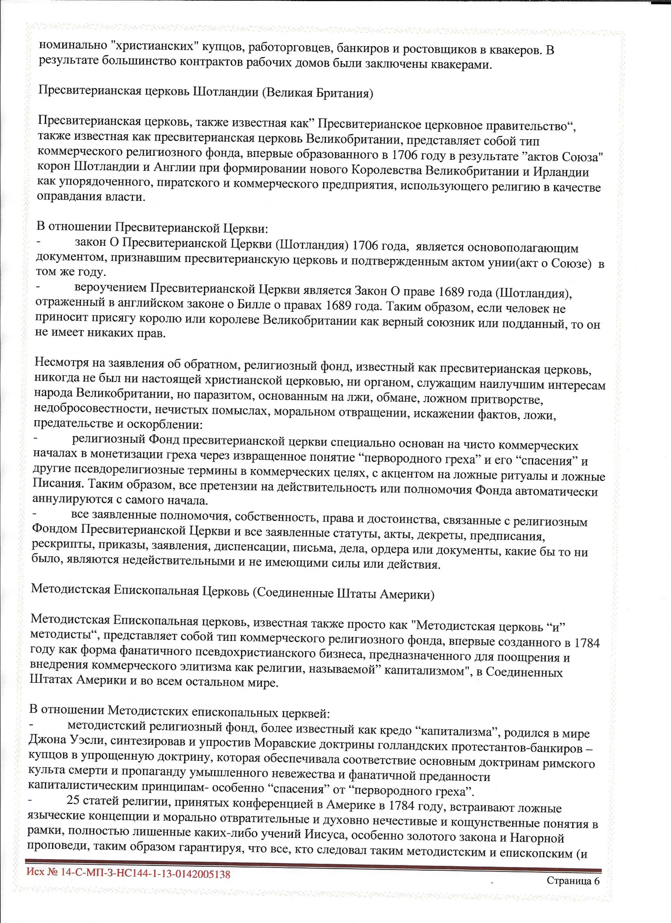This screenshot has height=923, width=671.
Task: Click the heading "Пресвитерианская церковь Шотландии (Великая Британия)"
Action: pos(205,93)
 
